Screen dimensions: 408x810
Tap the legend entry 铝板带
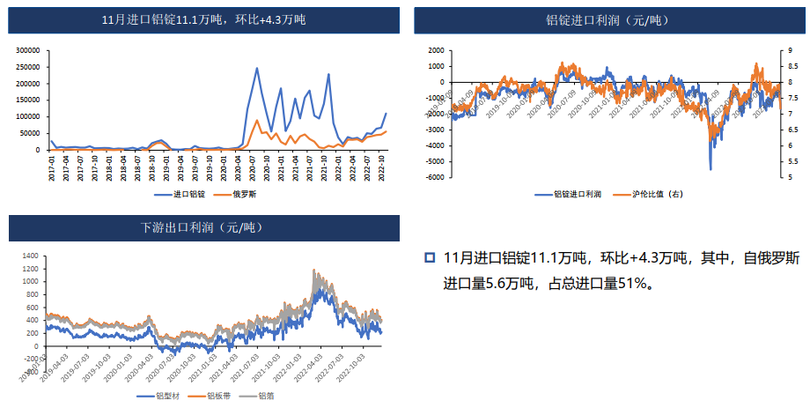(217, 396)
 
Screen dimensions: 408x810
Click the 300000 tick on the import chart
(29, 50)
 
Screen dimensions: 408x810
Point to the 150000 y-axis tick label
(29, 100)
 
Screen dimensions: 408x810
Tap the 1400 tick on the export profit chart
(30, 256)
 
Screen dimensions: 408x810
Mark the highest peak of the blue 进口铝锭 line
(257, 68)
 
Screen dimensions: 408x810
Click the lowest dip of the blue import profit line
(711, 169)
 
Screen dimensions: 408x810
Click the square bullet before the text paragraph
(430, 257)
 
